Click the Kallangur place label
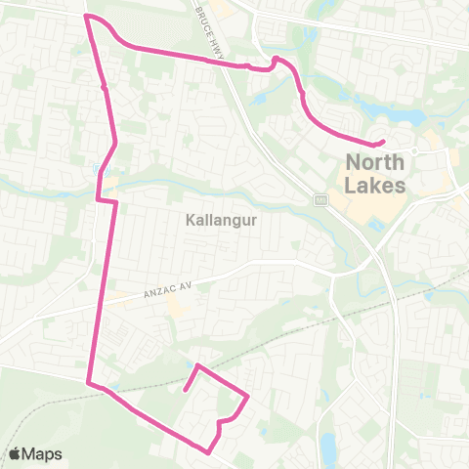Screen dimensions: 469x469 tap(221, 220)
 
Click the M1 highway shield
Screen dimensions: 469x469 tap(320, 199)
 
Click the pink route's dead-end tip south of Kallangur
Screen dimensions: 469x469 tap(185, 390)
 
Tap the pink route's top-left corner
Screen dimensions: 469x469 tap(88, 17)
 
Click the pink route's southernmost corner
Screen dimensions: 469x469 tap(208, 451)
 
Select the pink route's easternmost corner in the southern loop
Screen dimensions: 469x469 tap(248, 397)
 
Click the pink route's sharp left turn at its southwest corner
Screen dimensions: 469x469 tap(89, 382)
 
